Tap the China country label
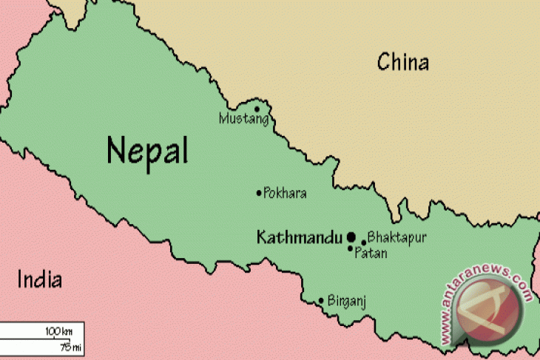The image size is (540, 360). [x=402, y=62]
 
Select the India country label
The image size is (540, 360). [x=39, y=280]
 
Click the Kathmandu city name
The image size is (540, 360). [x=299, y=237]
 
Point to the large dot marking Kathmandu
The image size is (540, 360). [x=351, y=237]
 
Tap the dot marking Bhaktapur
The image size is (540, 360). [x=364, y=242]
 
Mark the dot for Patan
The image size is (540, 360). [x=351, y=249]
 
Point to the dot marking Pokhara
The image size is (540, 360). [x=259, y=194]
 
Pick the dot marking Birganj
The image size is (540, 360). [x=321, y=301]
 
